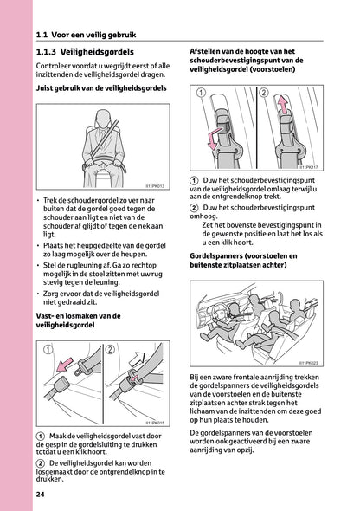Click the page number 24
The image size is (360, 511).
[41, 494]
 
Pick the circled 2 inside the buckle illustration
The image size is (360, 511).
[111, 350]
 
